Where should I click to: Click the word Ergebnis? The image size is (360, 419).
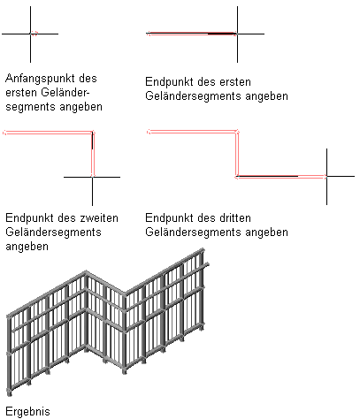point(27,411)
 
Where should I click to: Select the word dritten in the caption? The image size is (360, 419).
point(235,218)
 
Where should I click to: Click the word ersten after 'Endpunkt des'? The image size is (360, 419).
point(235,82)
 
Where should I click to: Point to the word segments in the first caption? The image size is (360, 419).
point(30,107)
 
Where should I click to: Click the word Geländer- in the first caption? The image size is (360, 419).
point(65,93)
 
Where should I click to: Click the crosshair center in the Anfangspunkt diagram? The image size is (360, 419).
point(30,34)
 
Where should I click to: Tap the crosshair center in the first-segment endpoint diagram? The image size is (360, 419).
point(237,34)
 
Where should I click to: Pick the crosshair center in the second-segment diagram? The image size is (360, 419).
point(92,177)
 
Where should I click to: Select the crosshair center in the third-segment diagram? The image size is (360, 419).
point(326,177)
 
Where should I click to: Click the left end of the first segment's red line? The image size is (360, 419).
point(148,34)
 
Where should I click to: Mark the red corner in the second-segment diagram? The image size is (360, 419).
point(93,133)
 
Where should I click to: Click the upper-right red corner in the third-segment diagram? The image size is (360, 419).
point(237,132)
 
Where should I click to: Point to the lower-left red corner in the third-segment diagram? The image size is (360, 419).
point(237,177)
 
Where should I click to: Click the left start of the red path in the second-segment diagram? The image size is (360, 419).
point(4,133)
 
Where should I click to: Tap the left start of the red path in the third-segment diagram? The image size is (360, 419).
point(149,132)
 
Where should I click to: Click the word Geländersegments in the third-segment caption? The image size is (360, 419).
point(194,232)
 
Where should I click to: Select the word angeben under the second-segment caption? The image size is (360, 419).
point(27,247)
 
